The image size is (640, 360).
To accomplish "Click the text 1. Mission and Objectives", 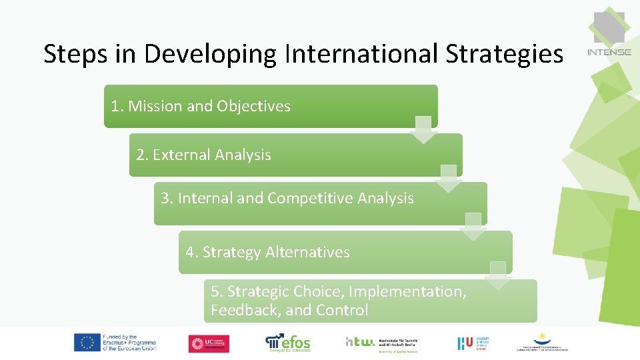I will [x=201, y=106].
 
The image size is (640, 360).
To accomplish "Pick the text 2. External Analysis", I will [x=203, y=155].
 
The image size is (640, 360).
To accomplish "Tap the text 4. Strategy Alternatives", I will [x=267, y=252].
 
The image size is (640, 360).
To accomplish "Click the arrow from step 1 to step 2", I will [x=423, y=130].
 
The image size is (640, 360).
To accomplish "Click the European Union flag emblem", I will [x=87, y=343].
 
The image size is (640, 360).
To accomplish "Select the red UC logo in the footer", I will [x=209, y=343].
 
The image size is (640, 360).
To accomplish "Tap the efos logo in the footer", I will [x=288, y=342].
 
